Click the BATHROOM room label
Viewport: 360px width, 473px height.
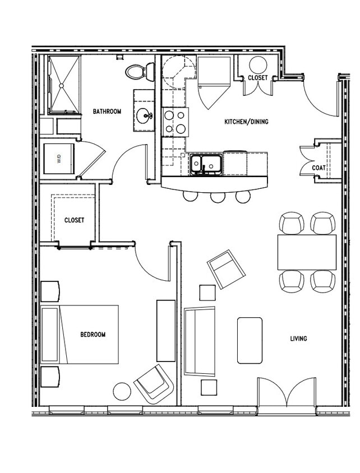tap(107, 112)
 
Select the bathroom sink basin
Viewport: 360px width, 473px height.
tap(144, 117)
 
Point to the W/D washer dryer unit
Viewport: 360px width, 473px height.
tap(58, 159)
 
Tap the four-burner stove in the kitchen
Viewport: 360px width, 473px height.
tap(175, 122)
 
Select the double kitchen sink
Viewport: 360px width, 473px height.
tap(205, 164)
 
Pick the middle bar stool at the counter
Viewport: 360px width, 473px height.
tap(217, 196)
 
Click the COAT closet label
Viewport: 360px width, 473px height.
tap(319, 168)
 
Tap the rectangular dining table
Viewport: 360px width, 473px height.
tap(306, 252)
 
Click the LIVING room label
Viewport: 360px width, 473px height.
tap(298, 338)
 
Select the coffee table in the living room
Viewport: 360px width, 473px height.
tap(250, 340)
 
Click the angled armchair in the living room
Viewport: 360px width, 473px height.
tap(226, 269)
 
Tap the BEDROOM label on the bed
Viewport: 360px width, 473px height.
tap(93, 335)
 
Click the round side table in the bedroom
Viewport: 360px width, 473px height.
tap(122, 391)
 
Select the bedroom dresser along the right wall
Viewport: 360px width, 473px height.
tap(165, 330)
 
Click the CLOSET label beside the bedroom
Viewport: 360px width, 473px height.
tap(74, 220)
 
